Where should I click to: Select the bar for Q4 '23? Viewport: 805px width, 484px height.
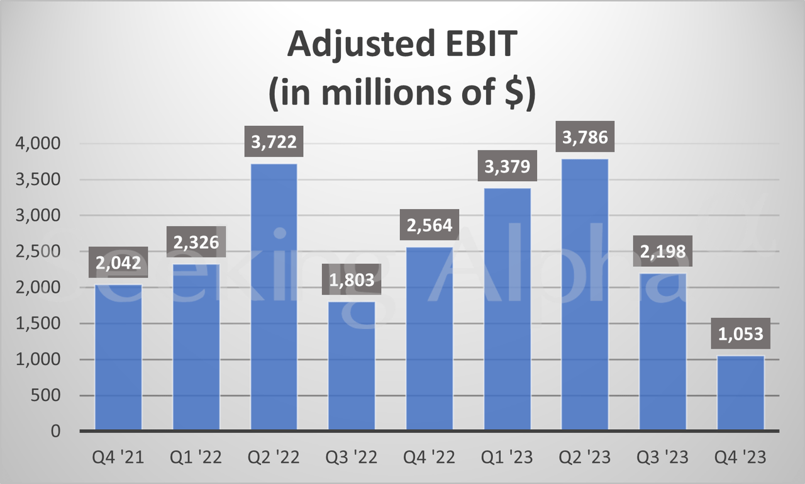tap(741, 393)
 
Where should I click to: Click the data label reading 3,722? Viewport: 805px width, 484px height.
tap(274, 142)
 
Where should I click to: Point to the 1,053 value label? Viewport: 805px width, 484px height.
tap(741, 334)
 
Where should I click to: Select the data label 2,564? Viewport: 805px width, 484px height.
tap(430, 225)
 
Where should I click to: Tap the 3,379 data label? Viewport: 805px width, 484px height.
tap(508, 167)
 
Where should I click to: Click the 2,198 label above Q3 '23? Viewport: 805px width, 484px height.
tap(663, 252)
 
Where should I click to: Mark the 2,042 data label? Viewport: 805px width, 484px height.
tap(118, 263)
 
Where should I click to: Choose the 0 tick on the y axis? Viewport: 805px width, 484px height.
tap(55, 432)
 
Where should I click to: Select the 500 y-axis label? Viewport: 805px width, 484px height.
tap(46, 396)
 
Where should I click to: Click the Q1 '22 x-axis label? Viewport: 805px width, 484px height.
tap(196, 458)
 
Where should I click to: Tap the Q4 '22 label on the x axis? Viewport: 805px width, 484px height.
tap(430, 458)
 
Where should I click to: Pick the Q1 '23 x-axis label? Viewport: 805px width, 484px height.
tap(508, 458)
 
